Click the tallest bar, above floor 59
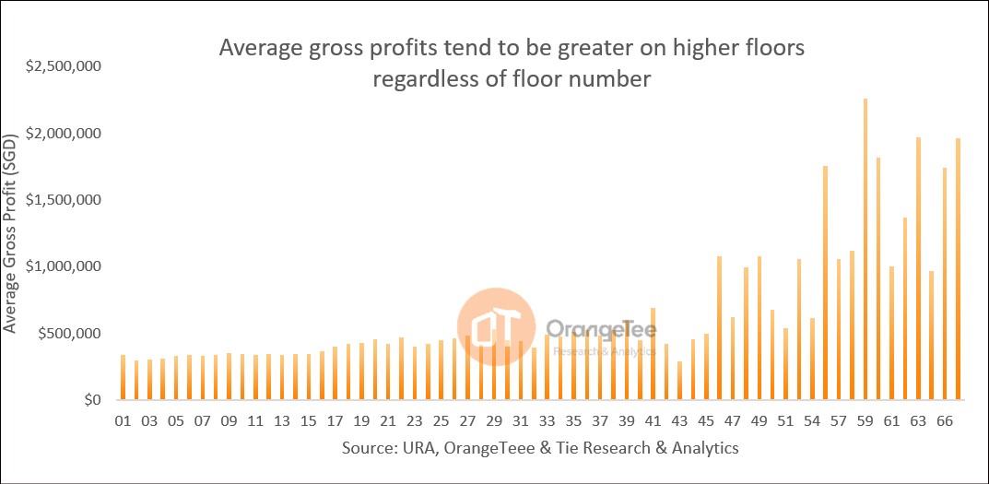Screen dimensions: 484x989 pos(865,249)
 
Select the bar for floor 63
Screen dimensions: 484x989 pos(918,267)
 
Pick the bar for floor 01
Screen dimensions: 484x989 pos(123,377)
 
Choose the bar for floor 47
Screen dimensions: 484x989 pos(733,359)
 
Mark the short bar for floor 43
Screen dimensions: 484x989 pos(679,381)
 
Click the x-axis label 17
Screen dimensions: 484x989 pos(336,421)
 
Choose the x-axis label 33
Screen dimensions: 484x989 pos(547,421)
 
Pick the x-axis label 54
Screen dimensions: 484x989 pos(812,421)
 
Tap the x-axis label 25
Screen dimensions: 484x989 pos(441,421)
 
